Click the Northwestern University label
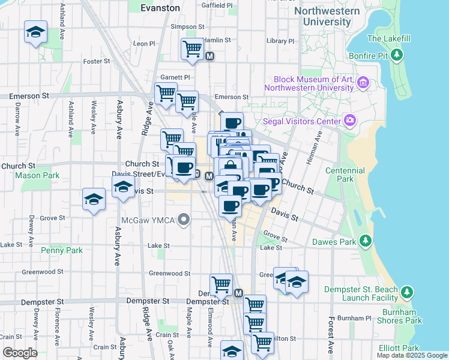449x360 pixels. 328,16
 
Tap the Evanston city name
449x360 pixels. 160,8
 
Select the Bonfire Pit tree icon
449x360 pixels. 396,56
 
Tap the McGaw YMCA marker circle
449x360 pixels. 184,220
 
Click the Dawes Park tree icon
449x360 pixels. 364,242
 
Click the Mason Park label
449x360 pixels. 37,176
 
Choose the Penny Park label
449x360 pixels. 61,250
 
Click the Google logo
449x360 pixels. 19,353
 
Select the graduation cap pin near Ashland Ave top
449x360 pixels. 35,31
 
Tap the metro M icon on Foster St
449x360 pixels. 210,56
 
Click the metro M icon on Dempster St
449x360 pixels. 238,293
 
